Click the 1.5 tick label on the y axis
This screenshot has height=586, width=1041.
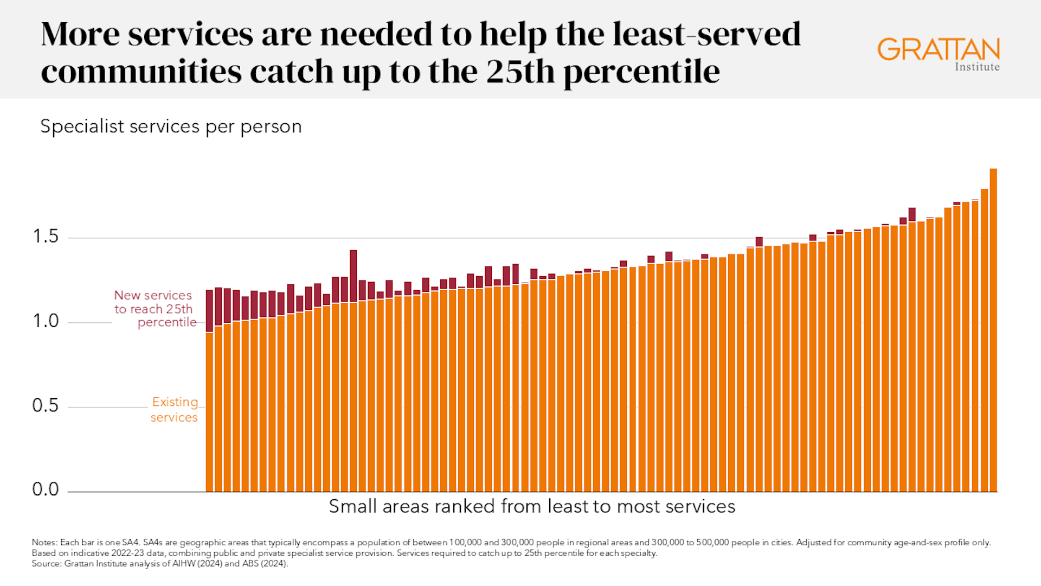click(x=46, y=237)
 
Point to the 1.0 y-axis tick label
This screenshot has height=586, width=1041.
click(x=46, y=321)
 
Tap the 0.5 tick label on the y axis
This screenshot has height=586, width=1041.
click(x=46, y=405)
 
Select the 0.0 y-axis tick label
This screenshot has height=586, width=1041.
click(x=46, y=489)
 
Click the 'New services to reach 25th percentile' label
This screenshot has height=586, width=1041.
click(x=155, y=309)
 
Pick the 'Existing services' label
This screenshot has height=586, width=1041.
click(x=174, y=410)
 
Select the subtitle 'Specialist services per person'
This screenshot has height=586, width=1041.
click(x=171, y=126)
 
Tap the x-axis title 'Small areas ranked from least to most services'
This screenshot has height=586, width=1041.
click(x=532, y=506)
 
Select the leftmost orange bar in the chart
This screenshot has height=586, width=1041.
click(x=209, y=412)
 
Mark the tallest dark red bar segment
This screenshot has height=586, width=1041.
click(x=354, y=276)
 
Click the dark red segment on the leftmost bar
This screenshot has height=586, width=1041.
click(x=209, y=311)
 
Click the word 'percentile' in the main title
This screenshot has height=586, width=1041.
click(x=641, y=72)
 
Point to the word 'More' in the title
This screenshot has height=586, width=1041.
click(x=80, y=34)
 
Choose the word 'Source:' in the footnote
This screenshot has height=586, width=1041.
click(x=47, y=564)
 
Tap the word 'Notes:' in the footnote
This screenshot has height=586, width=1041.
click(x=44, y=543)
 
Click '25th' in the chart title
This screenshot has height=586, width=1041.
click(x=520, y=71)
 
